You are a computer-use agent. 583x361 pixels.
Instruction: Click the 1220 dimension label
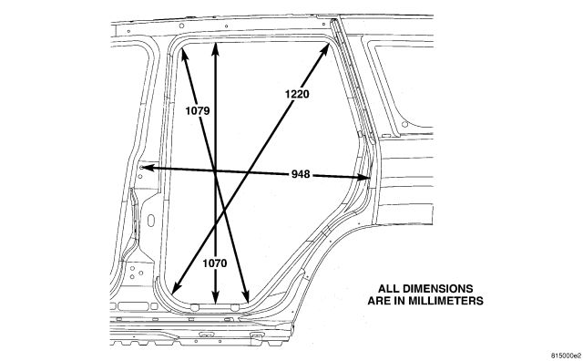click(297, 94)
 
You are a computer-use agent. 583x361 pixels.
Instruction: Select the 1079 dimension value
click(198, 111)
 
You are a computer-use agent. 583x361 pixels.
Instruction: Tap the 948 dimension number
click(301, 174)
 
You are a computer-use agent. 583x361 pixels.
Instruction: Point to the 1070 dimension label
click(215, 263)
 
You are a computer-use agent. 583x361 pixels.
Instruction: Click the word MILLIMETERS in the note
click(445, 301)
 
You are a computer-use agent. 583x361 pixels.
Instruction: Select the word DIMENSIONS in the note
click(438, 289)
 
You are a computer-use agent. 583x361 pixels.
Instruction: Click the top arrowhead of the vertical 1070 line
click(215, 49)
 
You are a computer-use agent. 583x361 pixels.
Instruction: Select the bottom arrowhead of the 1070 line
click(215, 298)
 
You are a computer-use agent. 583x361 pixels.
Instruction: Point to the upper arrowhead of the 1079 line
click(183, 55)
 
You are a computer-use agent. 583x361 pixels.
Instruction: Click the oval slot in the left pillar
click(151, 221)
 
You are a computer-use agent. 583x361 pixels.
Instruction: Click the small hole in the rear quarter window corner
click(404, 124)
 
